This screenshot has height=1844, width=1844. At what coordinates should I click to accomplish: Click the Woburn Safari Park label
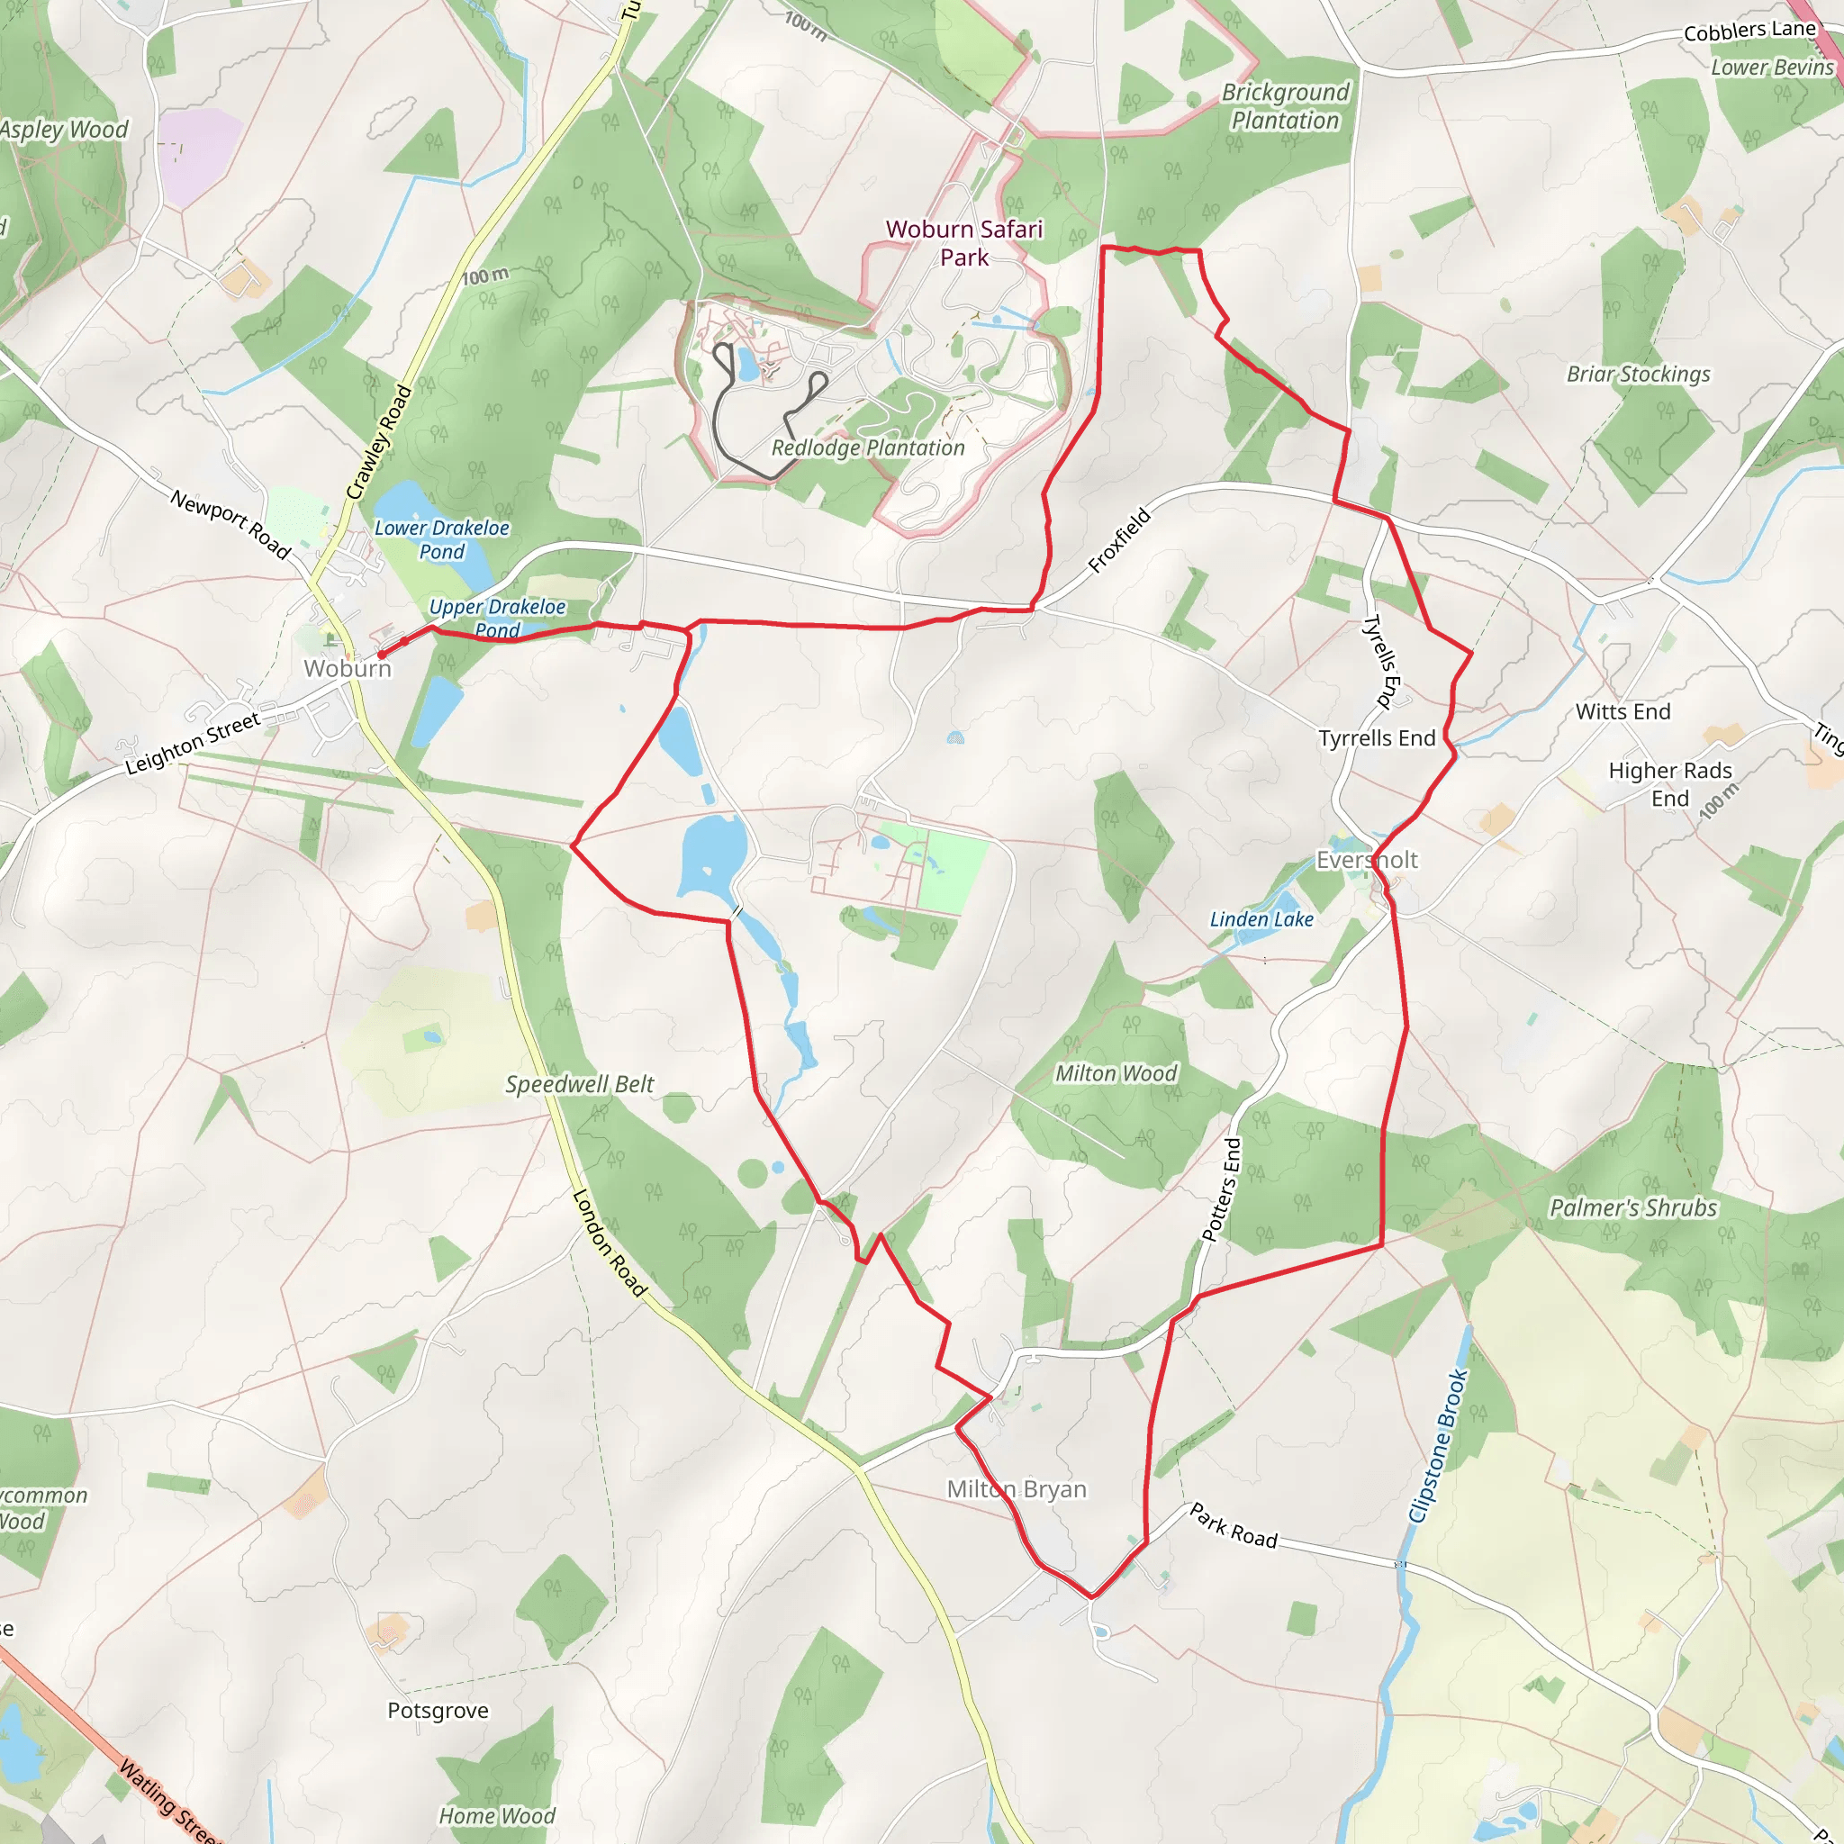point(964,243)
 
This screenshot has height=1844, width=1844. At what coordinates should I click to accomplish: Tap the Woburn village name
point(348,668)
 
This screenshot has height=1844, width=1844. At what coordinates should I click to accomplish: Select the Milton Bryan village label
point(1017,1489)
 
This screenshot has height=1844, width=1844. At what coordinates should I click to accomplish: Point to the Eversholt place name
point(1367,860)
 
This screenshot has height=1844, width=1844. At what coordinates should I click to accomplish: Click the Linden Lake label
point(1261,919)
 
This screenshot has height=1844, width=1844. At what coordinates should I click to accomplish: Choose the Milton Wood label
point(1116,1074)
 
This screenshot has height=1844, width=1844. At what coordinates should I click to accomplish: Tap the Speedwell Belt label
point(579,1084)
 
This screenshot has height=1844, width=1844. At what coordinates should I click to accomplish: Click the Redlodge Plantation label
point(868,447)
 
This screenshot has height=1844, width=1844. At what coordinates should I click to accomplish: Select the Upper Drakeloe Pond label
point(497,619)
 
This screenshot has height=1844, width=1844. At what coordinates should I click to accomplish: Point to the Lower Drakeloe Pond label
point(441,539)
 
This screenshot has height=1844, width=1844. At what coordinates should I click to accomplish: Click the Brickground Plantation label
point(1286,106)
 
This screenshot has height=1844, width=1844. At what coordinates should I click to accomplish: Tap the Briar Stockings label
point(1639,375)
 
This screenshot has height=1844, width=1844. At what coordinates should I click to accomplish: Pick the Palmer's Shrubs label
point(1633,1208)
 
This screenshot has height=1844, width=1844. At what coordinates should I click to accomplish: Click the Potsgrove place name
point(438,1711)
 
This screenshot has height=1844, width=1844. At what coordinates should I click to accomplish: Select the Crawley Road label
point(379,442)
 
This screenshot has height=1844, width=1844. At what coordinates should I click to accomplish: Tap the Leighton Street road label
point(193,744)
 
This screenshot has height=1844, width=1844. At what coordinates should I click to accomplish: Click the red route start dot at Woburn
point(382,655)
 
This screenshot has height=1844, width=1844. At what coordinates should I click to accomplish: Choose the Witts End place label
point(1623,711)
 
